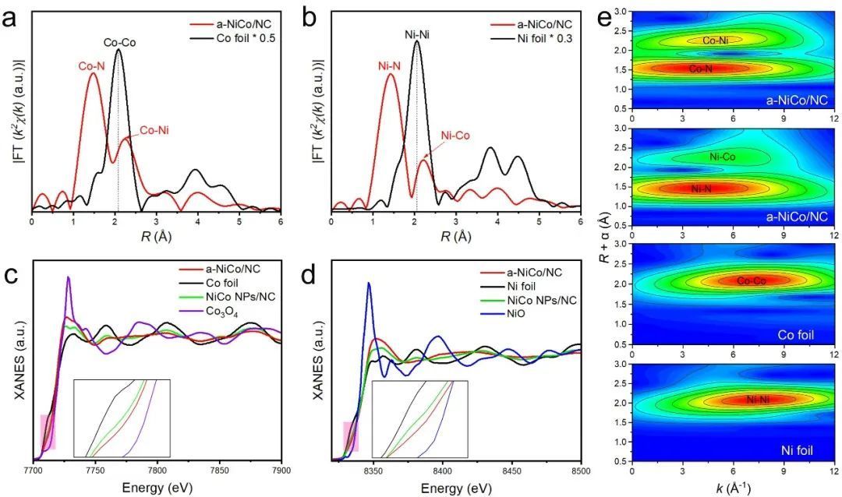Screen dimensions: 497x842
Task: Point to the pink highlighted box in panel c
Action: click(x=48, y=432)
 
